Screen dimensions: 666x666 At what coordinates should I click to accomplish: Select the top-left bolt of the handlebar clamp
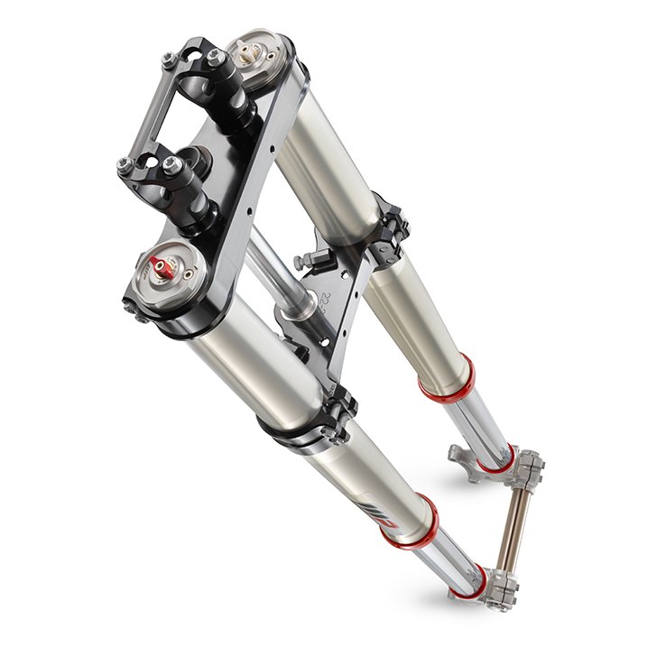[169, 60]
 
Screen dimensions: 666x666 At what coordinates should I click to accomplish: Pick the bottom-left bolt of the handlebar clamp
[125, 165]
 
